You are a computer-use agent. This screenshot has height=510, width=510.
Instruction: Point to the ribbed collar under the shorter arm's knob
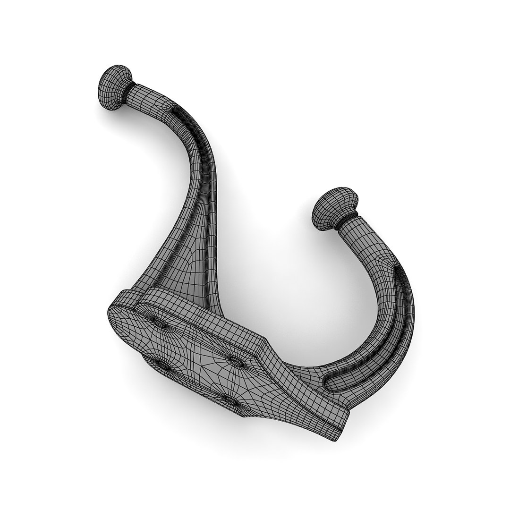(343, 222)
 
